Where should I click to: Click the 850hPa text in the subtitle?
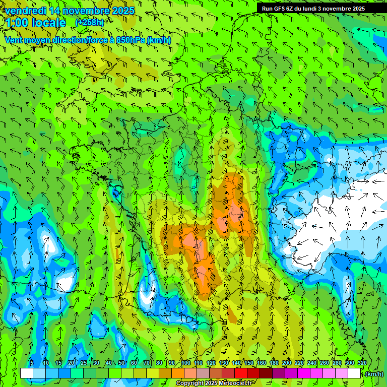(x=131, y=40)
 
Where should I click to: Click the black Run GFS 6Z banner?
(x=320, y=8)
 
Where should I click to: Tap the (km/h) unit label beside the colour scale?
(x=373, y=374)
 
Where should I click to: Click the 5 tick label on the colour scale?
(x=31, y=363)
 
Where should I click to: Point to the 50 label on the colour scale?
(x=121, y=363)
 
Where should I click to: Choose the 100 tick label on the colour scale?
(x=186, y=363)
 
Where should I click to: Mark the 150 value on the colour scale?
(x=249, y=363)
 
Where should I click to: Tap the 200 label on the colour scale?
(x=287, y=363)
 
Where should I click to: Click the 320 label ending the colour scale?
(x=362, y=363)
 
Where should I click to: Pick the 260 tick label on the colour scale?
(x=325, y=363)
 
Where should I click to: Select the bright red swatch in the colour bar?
(x=241, y=373)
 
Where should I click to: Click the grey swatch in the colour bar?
(x=203, y=373)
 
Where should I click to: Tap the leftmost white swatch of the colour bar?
(x=27, y=373)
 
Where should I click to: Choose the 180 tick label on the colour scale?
(x=274, y=363)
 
